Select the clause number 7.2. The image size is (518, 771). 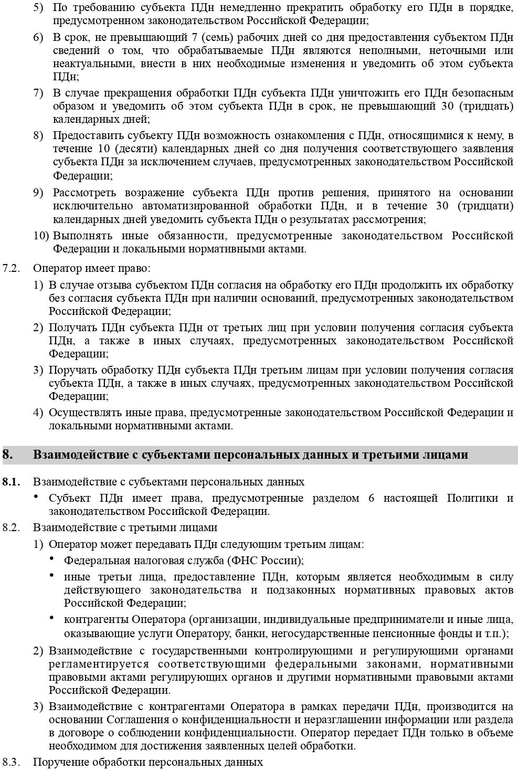tap(11, 268)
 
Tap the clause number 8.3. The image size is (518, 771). tap(11, 762)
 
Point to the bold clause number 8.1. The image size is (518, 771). tap(11, 481)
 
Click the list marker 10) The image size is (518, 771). tap(41, 236)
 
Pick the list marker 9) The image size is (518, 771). tap(38, 193)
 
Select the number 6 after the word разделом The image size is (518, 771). tap(372, 498)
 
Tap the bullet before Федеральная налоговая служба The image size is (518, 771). tap(53, 559)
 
